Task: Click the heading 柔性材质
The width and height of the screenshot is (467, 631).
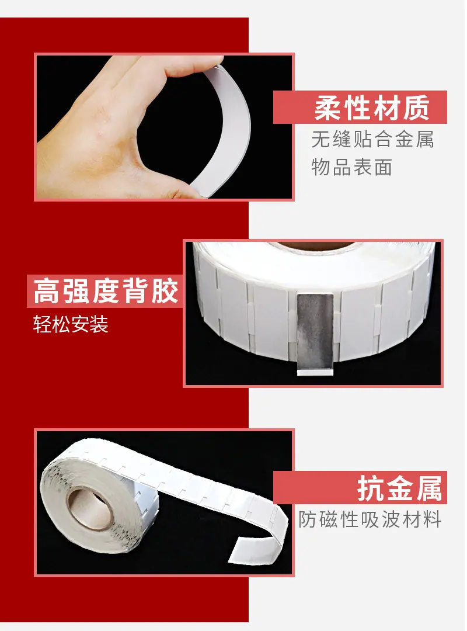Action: pyautogui.click(x=372, y=108)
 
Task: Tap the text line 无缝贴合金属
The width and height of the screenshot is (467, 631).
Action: pyautogui.click(x=372, y=140)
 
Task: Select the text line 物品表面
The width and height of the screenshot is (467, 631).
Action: pyautogui.click(x=352, y=167)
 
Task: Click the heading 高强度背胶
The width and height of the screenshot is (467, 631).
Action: pyautogui.click(x=106, y=290)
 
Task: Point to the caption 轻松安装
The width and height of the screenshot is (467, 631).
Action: pyautogui.click(x=71, y=324)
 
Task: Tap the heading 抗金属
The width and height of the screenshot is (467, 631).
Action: pyautogui.click(x=399, y=488)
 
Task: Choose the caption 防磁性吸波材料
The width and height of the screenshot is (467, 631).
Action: pyautogui.click(x=370, y=519)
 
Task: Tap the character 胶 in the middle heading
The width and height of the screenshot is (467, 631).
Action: pyautogui.click(x=165, y=290)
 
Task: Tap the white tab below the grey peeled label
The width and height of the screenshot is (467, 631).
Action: pyautogui.click(x=315, y=373)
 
